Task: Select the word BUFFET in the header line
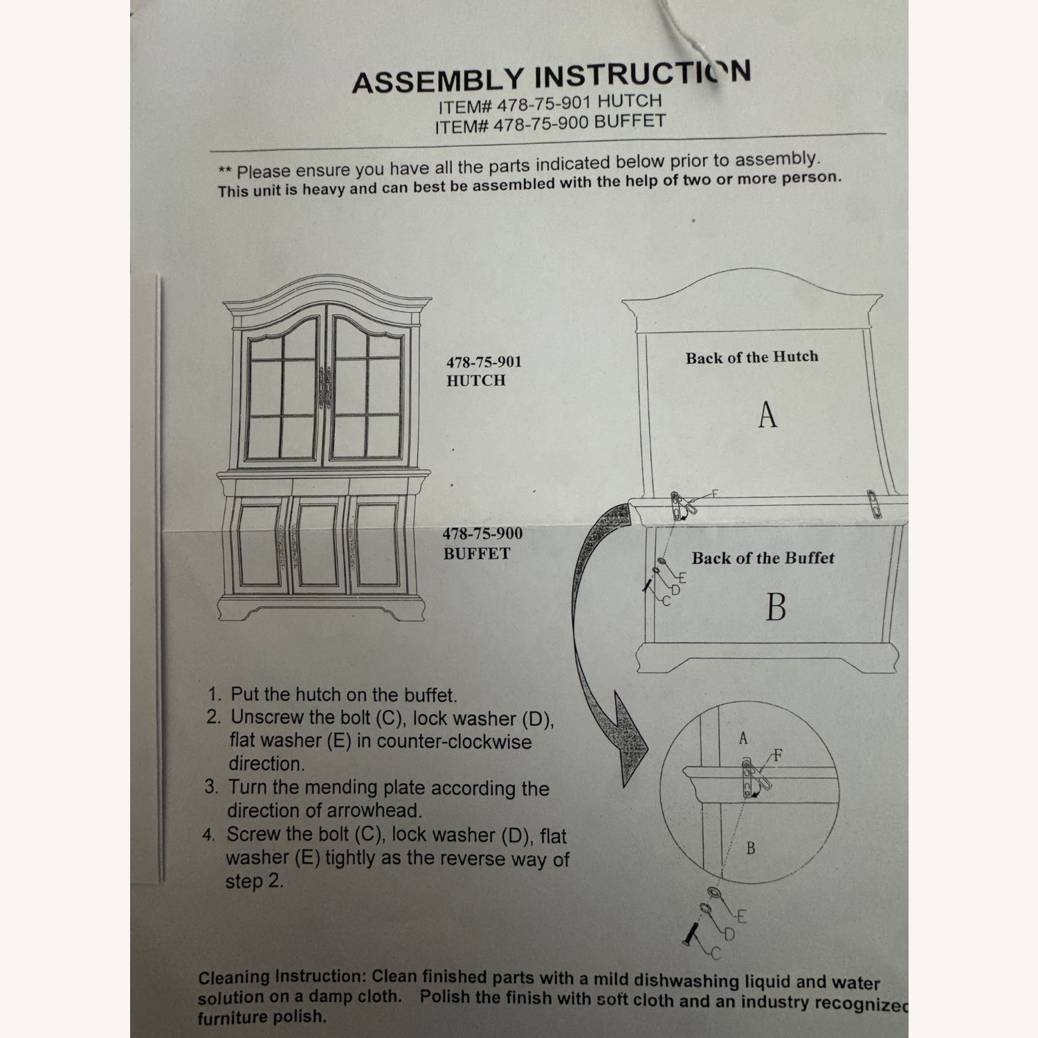coord(630,122)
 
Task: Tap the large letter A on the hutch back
coord(767,415)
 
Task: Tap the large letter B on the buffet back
coord(776,607)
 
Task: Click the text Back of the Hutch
coord(752,358)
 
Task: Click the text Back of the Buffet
coord(763,558)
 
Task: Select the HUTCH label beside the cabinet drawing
coord(475,381)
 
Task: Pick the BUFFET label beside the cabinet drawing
coord(477,554)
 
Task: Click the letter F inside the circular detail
coord(778,756)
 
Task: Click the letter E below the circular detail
coord(742,918)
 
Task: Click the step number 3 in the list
coord(210,787)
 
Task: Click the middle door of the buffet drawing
coord(318,545)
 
